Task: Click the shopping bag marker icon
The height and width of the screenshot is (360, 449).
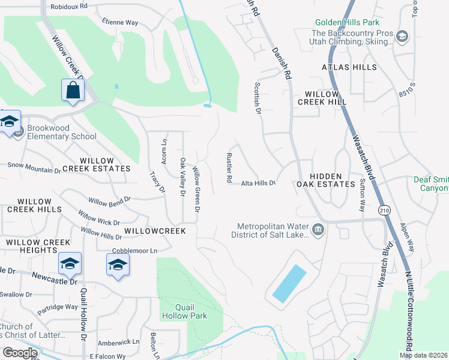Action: point(73,91)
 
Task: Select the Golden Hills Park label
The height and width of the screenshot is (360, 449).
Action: point(347,22)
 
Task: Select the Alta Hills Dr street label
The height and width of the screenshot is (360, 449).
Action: point(258,183)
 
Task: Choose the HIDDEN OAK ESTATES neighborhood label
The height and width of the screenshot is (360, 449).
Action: point(324,180)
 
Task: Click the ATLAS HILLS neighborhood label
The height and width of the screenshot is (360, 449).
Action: point(349,67)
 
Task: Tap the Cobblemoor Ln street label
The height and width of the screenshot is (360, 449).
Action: point(134,250)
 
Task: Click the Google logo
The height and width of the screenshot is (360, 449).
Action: point(20,352)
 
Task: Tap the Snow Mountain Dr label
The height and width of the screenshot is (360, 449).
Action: point(34,167)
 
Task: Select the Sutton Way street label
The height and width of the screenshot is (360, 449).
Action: point(362,196)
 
